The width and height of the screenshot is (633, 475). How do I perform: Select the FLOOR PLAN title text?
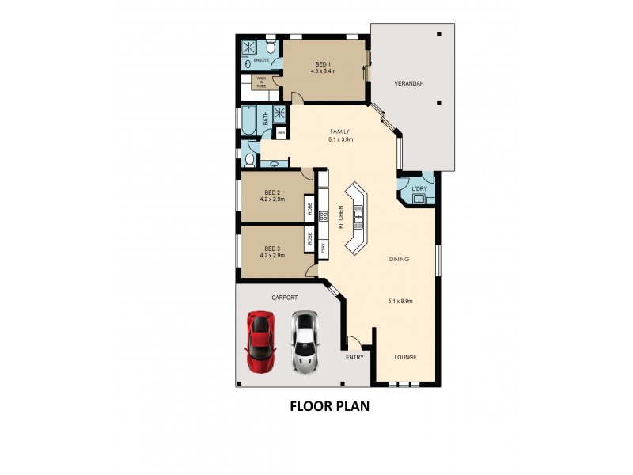point(330,407)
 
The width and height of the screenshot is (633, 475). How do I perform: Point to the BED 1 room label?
point(323,63)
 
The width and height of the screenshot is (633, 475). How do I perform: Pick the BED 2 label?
point(272,192)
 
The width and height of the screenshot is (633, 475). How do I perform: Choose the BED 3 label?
point(272,247)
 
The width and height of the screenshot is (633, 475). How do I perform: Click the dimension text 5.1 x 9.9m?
point(401,301)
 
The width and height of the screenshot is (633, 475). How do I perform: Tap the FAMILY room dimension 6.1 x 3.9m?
point(340,140)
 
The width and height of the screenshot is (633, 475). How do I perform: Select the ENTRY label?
point(354,358)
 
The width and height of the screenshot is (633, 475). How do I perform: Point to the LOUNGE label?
point(406,358)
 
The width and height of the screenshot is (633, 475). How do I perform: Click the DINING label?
point(399,259)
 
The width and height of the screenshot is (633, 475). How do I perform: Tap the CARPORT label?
point(284,298)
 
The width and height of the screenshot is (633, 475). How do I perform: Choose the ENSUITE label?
point(262,60)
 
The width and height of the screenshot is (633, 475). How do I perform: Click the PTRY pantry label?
point(324,247)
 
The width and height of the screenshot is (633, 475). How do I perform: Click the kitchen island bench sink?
point(358,215)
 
